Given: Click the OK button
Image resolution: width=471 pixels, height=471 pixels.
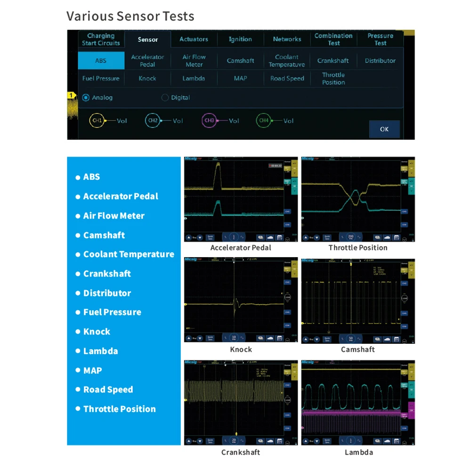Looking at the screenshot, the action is click(x=384, y=129).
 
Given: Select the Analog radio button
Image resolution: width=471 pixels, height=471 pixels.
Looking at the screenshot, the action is click(x=86, y=97).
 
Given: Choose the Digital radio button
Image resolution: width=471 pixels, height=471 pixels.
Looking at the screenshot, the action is click(x=165, y=97).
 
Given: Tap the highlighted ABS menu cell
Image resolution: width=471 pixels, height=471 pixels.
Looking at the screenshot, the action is click(x=101, y=61).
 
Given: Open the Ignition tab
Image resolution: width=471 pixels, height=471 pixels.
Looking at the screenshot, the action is click(x=240, y=40).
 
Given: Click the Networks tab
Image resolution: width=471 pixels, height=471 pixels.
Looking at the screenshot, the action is click(x=287, y=40).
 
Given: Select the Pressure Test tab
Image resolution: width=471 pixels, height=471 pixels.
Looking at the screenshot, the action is click(x=380, y=40).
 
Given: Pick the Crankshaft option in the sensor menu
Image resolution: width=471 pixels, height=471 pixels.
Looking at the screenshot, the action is click(x=333, y=61).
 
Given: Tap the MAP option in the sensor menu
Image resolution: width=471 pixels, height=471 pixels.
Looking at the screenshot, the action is click(x=240, y=79).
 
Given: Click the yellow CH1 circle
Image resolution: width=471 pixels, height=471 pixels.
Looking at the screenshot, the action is click(x=97, y=121).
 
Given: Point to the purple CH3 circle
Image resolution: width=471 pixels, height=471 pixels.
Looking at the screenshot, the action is click(x=209, y=121).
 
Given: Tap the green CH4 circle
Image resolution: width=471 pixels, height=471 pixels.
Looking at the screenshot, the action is click(x=264, y=121).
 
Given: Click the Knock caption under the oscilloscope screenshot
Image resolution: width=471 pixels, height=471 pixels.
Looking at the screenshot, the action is click(x=241, y=349).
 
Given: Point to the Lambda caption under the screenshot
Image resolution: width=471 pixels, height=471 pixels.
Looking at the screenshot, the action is click(x=358, y=452).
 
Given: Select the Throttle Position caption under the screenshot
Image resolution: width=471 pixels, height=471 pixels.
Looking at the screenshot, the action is click(x=358, y=248).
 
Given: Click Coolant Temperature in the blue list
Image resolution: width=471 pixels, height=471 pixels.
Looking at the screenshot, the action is click(x=129, y=254).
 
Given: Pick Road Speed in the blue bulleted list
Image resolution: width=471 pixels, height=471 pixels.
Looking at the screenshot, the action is click(x=108, y=390).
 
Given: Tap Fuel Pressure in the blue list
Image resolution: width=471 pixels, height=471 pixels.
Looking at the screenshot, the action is click(x=112, y=312).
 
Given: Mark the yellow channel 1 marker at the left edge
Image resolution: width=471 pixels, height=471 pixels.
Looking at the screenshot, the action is click(x=72, y=96).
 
